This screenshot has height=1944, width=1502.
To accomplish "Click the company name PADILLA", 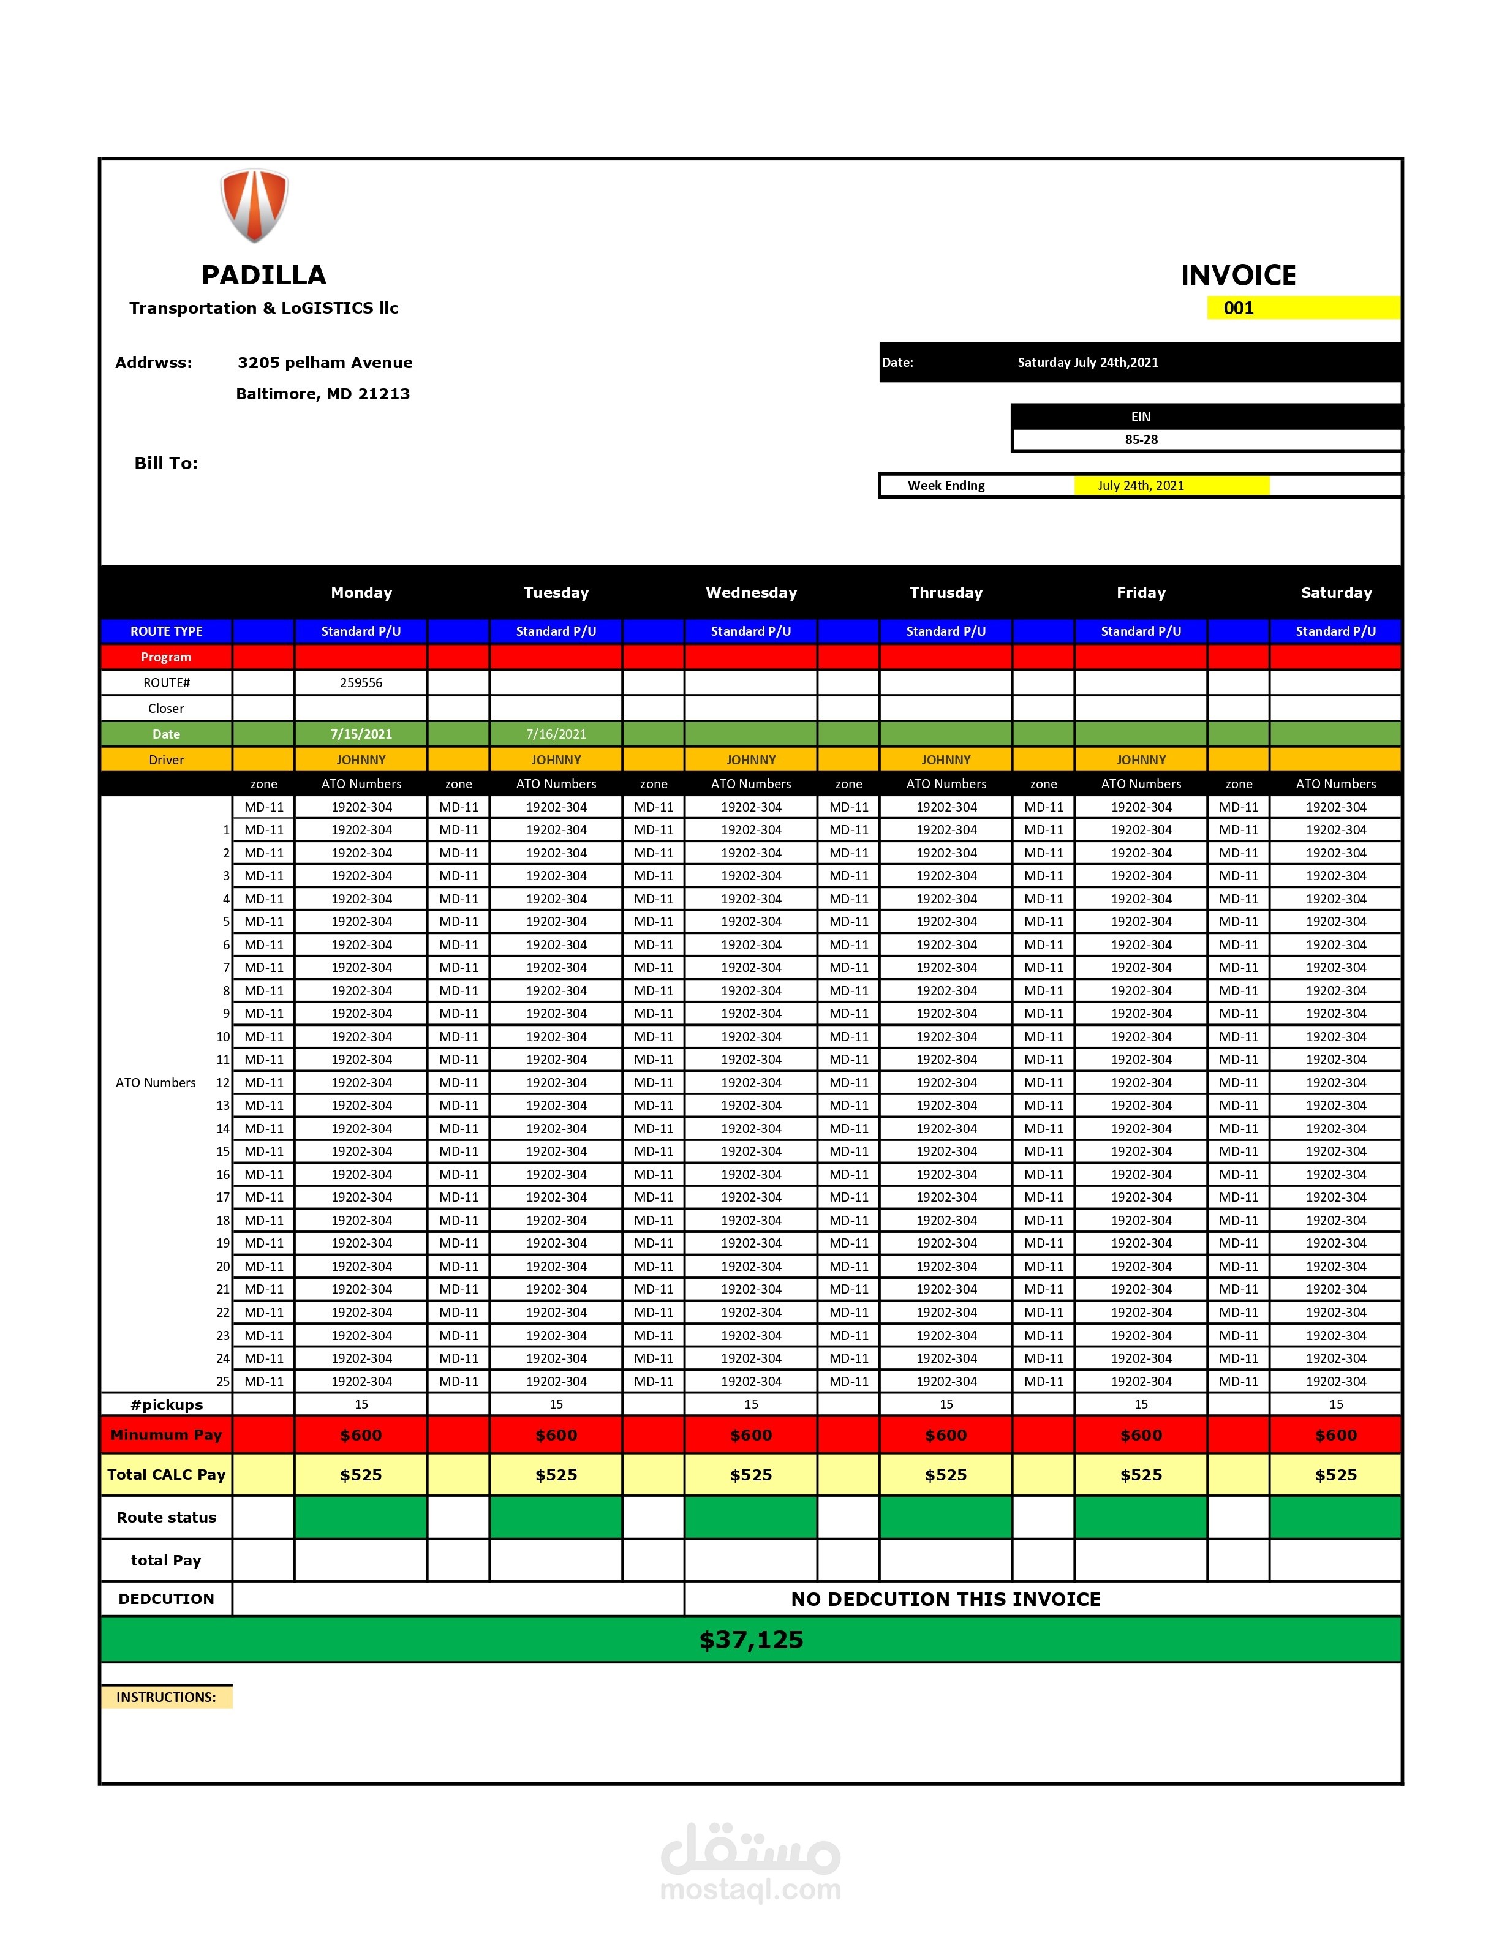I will (x=263, y=275).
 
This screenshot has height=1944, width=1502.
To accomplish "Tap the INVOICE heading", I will (x=1237, y=275).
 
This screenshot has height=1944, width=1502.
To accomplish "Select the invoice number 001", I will (x=1237, y=308).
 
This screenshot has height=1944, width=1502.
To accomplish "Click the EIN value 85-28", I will (x=1141, y=440).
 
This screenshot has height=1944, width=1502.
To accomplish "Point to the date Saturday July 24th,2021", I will (x=1087, y=362).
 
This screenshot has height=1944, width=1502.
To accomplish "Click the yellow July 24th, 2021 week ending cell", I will (x=1141, y=485).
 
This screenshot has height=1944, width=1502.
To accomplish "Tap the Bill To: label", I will (x=165, y=463).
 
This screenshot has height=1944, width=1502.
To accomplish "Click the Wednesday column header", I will (x=750, y=593).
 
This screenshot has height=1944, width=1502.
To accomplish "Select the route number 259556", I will (x=361, y=683).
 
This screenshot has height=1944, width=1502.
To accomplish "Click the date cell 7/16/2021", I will (x=556, y=734).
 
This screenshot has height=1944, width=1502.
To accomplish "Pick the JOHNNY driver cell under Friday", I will (x=1141, y=760).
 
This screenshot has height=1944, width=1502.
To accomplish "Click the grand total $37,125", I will (x=750, y=1640).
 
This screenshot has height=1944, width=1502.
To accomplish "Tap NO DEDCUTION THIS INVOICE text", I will (x=946, y=1600).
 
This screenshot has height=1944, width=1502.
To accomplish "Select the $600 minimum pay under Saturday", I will (x=1335, y=1435).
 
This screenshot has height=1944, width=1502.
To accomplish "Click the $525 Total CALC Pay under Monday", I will (x=361, y=1475).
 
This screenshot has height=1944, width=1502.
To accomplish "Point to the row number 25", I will (x=222, y=1382).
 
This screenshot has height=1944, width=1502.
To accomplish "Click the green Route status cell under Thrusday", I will (x=946, y=1518).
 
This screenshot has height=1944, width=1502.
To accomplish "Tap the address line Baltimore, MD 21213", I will (x=322, y=393).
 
